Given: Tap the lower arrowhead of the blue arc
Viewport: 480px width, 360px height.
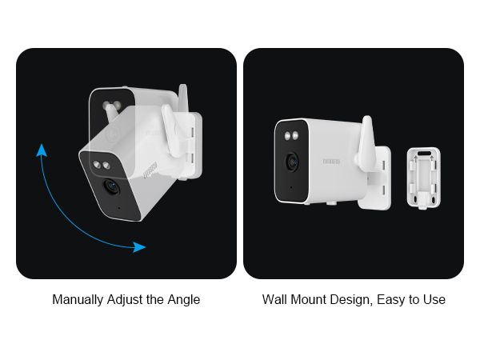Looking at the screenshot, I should click(x=139, y=247).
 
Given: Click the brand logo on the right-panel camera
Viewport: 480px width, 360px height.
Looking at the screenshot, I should click(x=330, y=160).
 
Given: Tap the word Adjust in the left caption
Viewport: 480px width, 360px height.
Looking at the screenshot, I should click(x=124, y=300).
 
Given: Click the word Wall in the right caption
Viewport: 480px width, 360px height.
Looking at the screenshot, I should click(x=274, y=300).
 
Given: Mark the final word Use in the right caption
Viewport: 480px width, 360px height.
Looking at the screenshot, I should click(x=434, y=300).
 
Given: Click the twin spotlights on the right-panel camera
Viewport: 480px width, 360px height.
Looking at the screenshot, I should click(x=289, y=134).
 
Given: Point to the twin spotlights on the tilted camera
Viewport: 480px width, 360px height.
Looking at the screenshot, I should click(x=102, y=166).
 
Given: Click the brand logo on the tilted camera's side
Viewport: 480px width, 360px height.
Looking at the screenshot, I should click(x=149, y=169).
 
